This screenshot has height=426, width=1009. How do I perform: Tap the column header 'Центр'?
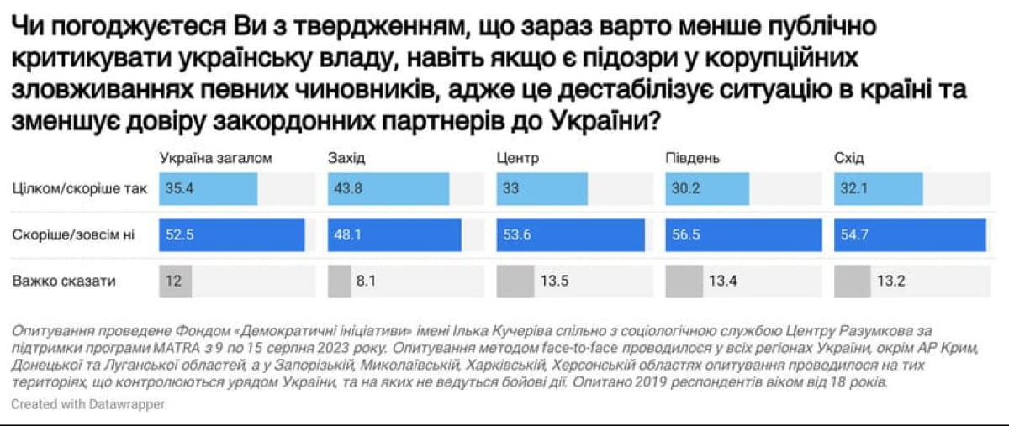517,158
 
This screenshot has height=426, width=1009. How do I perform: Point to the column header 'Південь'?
693,158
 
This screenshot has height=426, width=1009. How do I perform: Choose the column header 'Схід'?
849,158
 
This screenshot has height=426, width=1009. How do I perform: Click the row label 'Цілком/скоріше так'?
80,189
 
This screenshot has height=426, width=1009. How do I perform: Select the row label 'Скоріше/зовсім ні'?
73,235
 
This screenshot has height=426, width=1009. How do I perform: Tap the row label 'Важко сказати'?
64,281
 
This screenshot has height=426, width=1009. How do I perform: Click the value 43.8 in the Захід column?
347,189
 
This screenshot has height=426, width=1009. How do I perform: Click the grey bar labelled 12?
176,281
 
